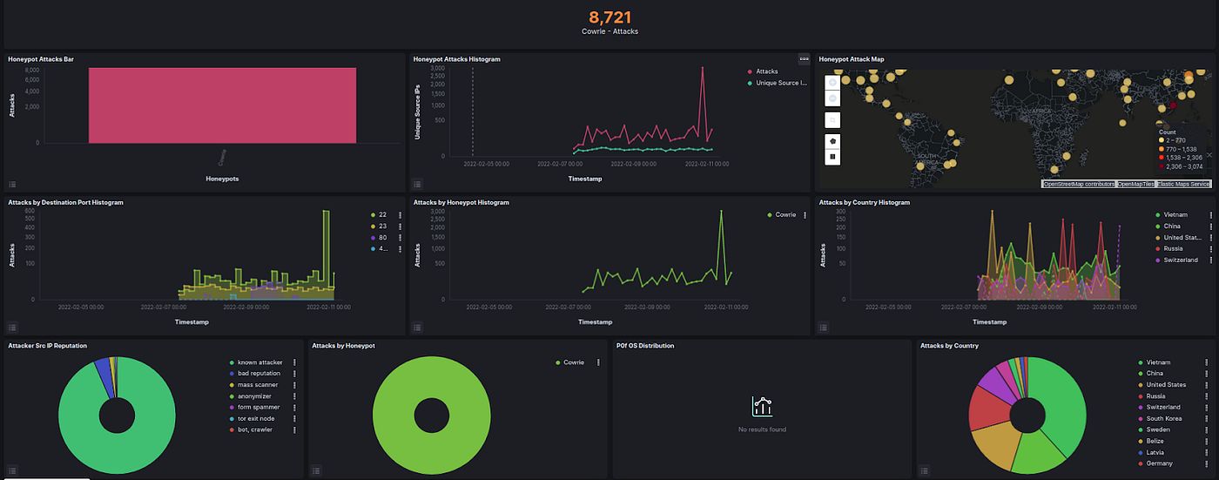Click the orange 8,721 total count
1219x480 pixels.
609,17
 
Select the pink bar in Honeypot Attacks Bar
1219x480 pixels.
222,105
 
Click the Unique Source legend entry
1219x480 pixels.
781,84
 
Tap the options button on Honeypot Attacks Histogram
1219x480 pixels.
804,59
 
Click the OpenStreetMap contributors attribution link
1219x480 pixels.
1078,184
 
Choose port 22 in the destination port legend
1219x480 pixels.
381,214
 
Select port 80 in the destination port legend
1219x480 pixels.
381,237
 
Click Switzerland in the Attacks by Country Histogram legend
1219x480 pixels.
1180,260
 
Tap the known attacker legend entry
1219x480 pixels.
259,362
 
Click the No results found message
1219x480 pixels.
762,429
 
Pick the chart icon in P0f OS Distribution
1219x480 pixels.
762,406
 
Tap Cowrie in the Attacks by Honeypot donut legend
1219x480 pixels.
573,362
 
